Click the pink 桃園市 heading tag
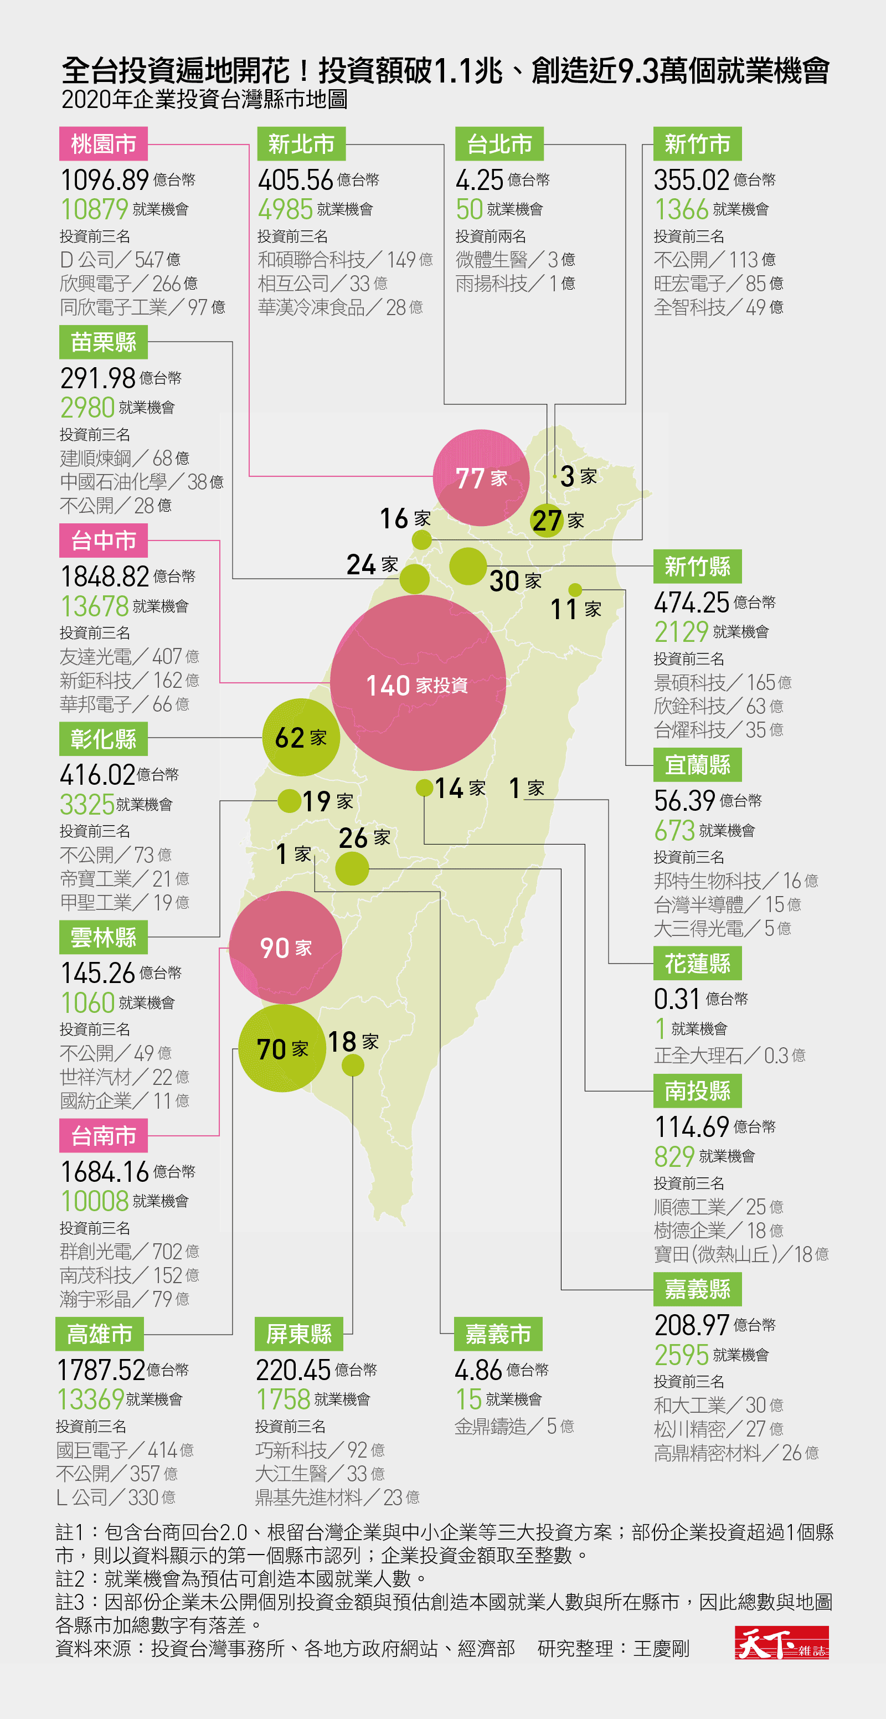(104, 143)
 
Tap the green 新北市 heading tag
(301, 143)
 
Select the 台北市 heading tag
(499, 143)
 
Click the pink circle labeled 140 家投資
(418, 683)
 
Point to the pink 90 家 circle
(286, 947)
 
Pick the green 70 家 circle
(282, 1048)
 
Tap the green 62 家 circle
(301, 737)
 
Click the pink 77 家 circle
(481, 478)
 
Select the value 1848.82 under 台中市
(105, 576)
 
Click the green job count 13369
(91, 1399)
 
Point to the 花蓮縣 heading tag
(697, 964)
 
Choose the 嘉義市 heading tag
(498, 1334)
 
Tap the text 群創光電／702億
(130, 1251)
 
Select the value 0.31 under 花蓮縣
(677, 999)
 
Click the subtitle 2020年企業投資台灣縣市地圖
(205, 100)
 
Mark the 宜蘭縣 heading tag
(697, 765)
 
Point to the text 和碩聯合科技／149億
(346, 259)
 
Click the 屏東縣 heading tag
(299, 1334)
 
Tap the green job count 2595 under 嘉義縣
(681, 1355)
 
